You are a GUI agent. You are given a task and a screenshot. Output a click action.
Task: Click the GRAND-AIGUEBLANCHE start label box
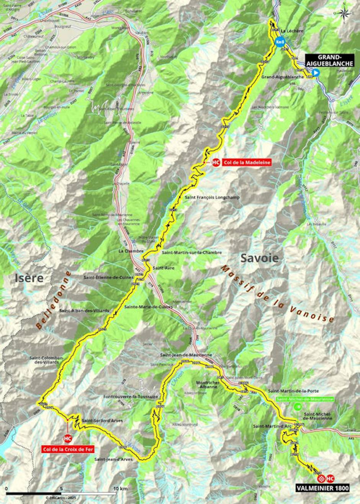(329, 60)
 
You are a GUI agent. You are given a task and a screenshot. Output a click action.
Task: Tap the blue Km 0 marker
(280, 41)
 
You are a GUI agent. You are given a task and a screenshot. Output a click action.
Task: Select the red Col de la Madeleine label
(247, 162)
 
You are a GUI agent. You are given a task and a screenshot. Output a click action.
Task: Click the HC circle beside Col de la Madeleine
(216, 163)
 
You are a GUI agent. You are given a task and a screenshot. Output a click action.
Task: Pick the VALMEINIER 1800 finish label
(322, 488)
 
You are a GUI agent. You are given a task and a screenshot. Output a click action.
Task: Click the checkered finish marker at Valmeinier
(321, 478)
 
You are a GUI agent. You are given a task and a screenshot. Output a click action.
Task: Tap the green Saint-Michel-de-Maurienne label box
(304, 399)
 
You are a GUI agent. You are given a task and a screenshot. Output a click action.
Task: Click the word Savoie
(259, 258)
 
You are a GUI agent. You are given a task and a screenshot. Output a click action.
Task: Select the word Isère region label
(29, 278)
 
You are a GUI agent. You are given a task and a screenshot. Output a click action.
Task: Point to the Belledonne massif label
(53, 300)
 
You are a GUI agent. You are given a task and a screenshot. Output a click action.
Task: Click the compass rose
(344, 14)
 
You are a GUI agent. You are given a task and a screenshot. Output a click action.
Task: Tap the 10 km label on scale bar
(120, 489)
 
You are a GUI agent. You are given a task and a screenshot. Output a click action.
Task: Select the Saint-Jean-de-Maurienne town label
(186, 355)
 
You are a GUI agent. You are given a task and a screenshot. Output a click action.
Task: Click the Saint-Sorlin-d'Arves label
(102, 421)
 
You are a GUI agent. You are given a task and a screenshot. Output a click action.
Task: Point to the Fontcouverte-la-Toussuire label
(131, 397)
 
